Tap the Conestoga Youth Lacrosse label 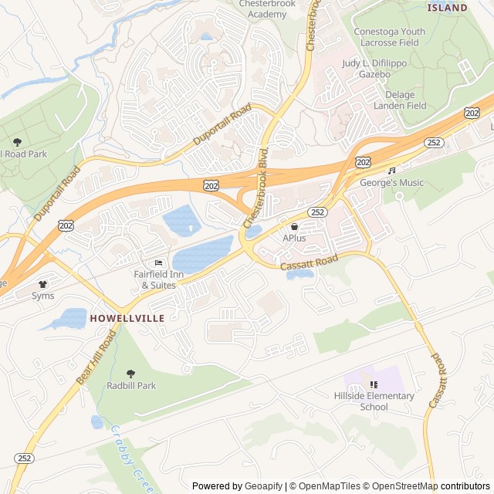[x=389, y=37]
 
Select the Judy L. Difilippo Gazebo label [x=374, y=69]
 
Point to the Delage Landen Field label [x=405, y=100]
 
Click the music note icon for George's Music [x=391, y=171]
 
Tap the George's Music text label [x=391, y=183]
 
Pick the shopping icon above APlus [x=294, y=227]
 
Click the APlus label [x=294, y=239]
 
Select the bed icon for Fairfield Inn [x=159, y=263]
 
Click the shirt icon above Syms [x=42, y=283]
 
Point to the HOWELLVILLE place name [x=127, y=317]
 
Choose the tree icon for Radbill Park [x=130, y=374]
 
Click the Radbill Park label [x=131, y=385]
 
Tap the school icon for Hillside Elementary [x=374, y=384]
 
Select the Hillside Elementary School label [x=374, y=401]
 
